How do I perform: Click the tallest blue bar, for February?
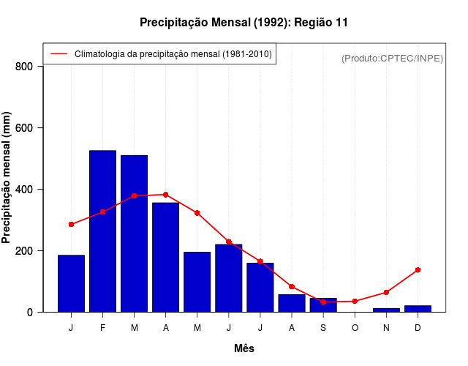(102, 231)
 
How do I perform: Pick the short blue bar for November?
(386, 310)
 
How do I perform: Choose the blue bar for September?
(323, 305)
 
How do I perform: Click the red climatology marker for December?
(418, 270)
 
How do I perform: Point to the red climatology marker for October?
(355, 301)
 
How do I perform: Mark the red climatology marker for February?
(102, 212)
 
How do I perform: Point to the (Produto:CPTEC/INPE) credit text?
(393, 58)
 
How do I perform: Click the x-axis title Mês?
(244, 348)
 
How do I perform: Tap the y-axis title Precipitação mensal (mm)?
(7, 178)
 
